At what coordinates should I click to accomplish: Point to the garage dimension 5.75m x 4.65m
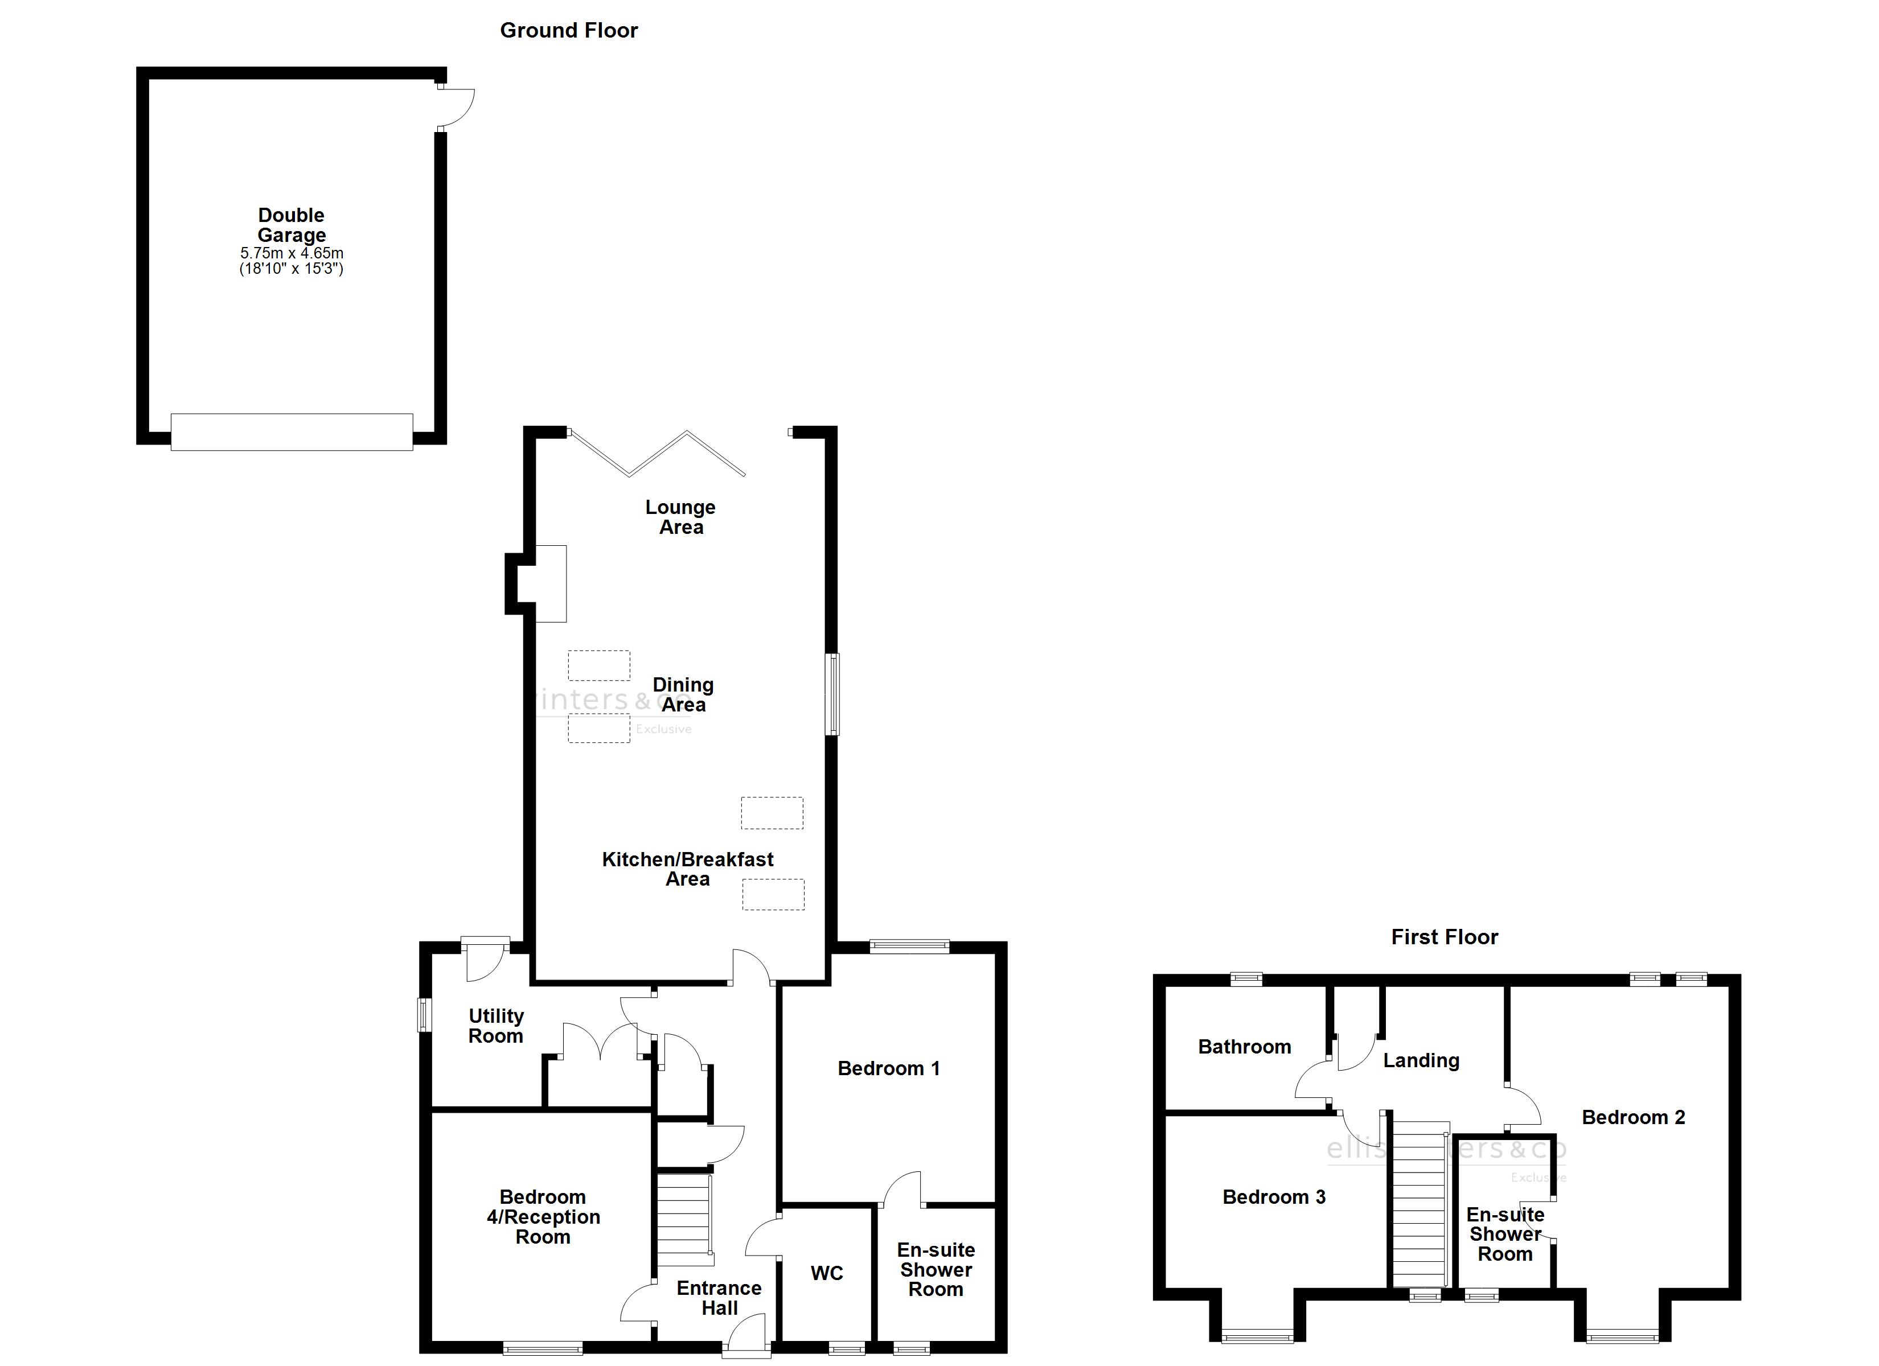(x=292, y=253)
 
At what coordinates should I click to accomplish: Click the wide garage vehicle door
(x=292, y=431)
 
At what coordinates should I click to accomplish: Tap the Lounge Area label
(x=680, y=517)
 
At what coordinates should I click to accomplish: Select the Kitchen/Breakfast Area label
(x=688, y=869)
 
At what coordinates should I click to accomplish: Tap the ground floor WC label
(x=827, y=1273)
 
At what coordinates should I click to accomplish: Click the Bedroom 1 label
(x=888, y=1069)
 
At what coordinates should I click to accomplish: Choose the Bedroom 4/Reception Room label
(x=543, y=1217)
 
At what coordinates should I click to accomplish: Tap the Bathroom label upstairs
(x=1244, y=1047)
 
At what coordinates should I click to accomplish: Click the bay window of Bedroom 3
(x=1257, y=1335)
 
